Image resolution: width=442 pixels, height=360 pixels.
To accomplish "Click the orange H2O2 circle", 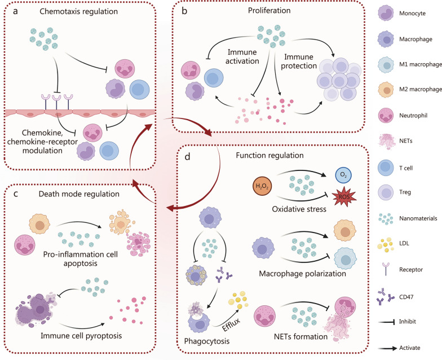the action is click(262, 186).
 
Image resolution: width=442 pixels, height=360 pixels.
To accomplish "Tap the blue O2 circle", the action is click(343, 175).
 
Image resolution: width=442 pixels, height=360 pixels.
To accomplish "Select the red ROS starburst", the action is click(344, 196).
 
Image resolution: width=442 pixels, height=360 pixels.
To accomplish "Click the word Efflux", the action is click(231, 325).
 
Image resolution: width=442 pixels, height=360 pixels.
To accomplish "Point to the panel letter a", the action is click(15, 11).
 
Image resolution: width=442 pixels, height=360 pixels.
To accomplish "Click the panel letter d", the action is click(187, 156).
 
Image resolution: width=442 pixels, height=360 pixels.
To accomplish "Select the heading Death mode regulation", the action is click(79, 194).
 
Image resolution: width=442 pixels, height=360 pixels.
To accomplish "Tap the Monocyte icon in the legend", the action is click(386, 13).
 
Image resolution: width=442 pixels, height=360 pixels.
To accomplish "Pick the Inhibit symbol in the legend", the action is click(387, 322).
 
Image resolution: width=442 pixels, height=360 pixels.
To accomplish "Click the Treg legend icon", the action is click(386, 192).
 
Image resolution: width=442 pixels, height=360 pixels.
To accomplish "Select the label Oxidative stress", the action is click(299, 209).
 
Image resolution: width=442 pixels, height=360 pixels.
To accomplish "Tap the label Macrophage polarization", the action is click(302, 274).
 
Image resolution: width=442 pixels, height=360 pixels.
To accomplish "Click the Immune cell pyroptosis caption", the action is click(81, 336).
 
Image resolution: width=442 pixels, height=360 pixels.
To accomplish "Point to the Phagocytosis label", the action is click(206, 341).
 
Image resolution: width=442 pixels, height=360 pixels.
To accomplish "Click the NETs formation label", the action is click(300, 336).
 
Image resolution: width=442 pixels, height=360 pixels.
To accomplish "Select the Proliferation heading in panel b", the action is click(269, 10).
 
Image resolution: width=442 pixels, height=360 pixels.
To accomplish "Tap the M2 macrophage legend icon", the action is click(386, 90).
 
